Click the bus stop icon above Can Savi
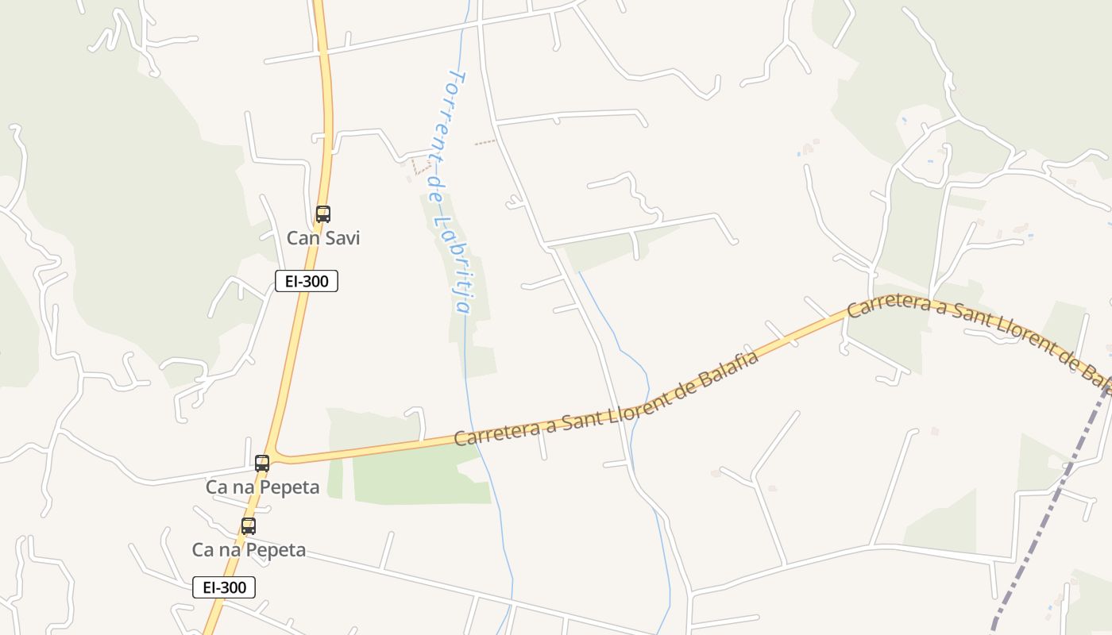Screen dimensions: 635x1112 point(322,214)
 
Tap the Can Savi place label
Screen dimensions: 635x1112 point(322,238)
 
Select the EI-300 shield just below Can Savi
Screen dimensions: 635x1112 point(307,281)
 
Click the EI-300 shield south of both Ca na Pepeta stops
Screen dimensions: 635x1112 point(224,587)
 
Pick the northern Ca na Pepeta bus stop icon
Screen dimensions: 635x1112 point(262,464)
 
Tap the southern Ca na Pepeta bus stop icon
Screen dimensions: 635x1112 point(249,526)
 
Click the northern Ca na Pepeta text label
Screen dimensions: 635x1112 point(262,487)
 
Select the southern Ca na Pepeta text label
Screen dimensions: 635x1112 point(249,550)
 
